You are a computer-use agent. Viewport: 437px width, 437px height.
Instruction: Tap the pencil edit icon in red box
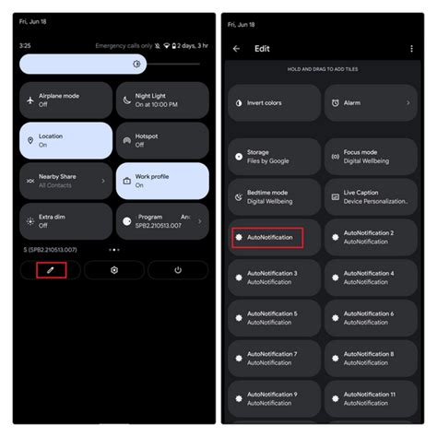(x=51, y=270)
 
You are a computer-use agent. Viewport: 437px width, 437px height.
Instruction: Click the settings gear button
(x=114, y=270)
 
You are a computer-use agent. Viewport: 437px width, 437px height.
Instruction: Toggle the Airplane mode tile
(x=65, y=100)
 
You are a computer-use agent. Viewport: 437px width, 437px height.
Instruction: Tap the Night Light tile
(x=162, y=100)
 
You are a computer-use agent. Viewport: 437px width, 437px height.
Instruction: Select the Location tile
(x=65, y=141)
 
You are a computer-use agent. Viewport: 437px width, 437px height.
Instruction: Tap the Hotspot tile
(x=162, y=141)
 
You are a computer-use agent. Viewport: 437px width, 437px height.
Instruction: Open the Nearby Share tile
(x=65, y=181)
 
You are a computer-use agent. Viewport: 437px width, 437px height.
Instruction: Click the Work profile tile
(x=162, y=181)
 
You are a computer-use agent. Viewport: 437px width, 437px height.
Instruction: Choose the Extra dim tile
(x=65, y=221)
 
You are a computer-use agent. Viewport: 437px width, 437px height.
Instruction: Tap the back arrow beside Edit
(x=237, y=49)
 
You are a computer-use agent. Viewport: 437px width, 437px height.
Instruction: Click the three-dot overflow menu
(x=411, y=49)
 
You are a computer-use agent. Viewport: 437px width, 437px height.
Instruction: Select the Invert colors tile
(x=275, y=103)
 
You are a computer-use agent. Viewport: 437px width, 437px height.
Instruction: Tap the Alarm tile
(x=371, y=103)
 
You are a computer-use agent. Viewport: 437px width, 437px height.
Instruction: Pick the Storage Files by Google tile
(x=275, y=157)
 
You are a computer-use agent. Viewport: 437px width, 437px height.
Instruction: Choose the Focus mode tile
(x=371, y=157)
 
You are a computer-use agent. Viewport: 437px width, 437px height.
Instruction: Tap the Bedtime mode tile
(x=275, y=197)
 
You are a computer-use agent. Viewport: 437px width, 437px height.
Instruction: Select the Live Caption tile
(x=371, y=197)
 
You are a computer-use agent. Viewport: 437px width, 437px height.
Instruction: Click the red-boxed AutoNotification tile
(x=275, y=237)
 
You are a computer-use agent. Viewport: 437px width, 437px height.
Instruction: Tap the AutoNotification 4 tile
(x=371, y=278)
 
